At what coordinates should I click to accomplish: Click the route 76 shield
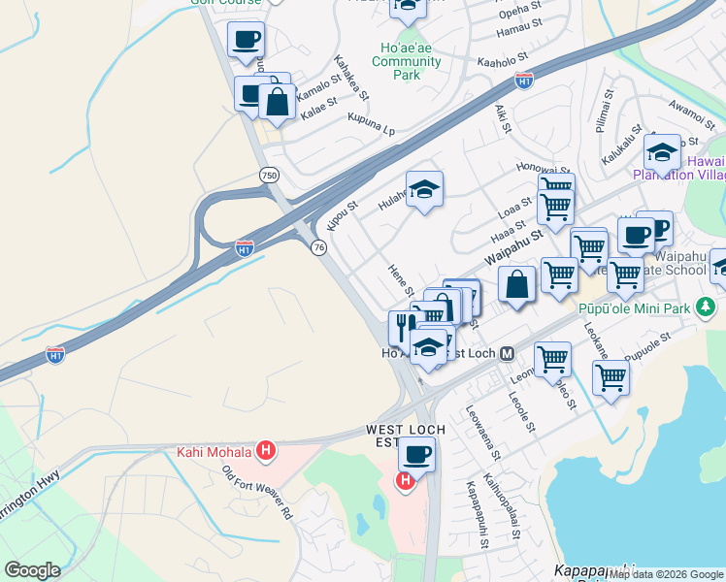(318, 248)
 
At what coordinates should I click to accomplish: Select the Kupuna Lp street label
(372, 122)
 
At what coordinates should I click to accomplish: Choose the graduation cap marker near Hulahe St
(424, 189)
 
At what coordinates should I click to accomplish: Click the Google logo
(32, 570)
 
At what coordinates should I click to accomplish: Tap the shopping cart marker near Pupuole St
(610, 376)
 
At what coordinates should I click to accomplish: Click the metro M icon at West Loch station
(507, 354)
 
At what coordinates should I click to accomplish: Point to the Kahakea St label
(351, 77)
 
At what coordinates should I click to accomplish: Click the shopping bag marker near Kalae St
(278, 101)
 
